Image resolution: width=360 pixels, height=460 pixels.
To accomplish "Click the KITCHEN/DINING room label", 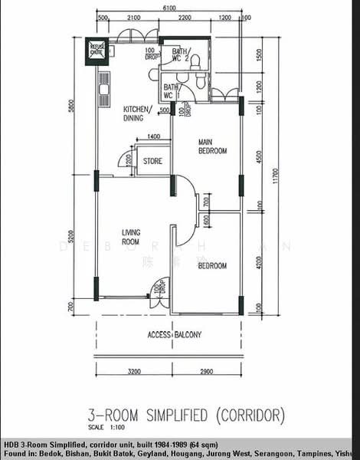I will click(x=137, y=113).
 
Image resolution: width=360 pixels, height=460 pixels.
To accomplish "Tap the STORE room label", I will click(x=153, y=161).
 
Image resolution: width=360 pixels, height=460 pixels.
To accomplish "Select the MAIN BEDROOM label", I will click(x=212, y=146).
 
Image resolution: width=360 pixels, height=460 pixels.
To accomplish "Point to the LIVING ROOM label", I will click(x=133, y=236).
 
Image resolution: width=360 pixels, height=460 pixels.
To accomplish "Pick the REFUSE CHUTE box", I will click(x=98, y=49).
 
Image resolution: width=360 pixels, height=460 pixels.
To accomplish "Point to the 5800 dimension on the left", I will click(x=70, y=107).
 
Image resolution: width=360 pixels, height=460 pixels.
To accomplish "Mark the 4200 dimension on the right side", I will click(x=260, y=261).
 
